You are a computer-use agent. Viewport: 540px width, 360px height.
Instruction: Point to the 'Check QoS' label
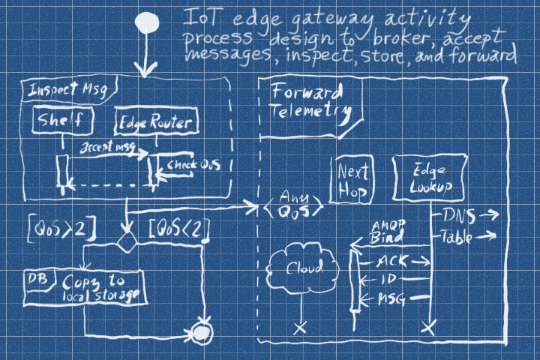click(193, 165)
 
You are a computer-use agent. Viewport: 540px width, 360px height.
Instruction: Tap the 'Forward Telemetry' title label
click(307, 102)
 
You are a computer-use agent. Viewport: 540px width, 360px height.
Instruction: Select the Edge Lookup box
click(430, 180)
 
